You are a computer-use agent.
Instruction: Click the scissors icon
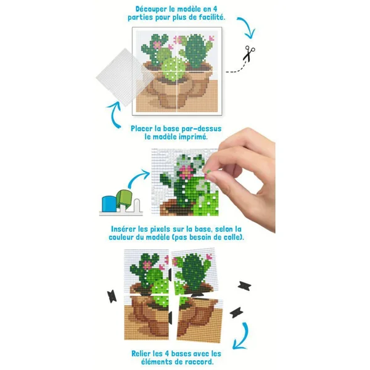249,54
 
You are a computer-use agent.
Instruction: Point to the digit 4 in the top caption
215,9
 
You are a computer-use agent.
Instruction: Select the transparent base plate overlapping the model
123,77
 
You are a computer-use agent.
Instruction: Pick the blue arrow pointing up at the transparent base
113,114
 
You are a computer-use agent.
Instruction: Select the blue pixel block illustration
109,203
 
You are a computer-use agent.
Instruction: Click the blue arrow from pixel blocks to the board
138,178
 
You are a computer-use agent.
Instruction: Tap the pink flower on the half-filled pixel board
186,172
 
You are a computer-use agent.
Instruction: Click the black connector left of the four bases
112,297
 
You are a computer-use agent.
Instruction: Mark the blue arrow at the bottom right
242,336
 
